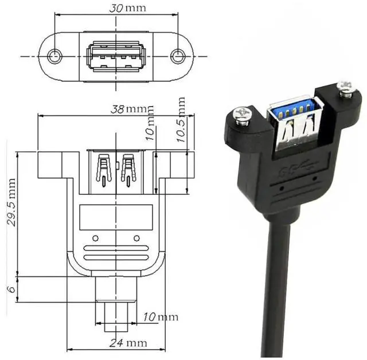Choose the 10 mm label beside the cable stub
pyautogui.click(x=161, y=317)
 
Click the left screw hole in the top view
pyautogui.click(x=54, y=56)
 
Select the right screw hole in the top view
pyautogui.click(x=178, y=56)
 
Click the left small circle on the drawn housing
pyautogui.click(x=96, y=238)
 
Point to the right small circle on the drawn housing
pyautogui.click(x=136, y=238)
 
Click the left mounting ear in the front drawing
pyautogui.click(x=50, y=165)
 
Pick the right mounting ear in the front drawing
pyautogui.click(x=178, y=165)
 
